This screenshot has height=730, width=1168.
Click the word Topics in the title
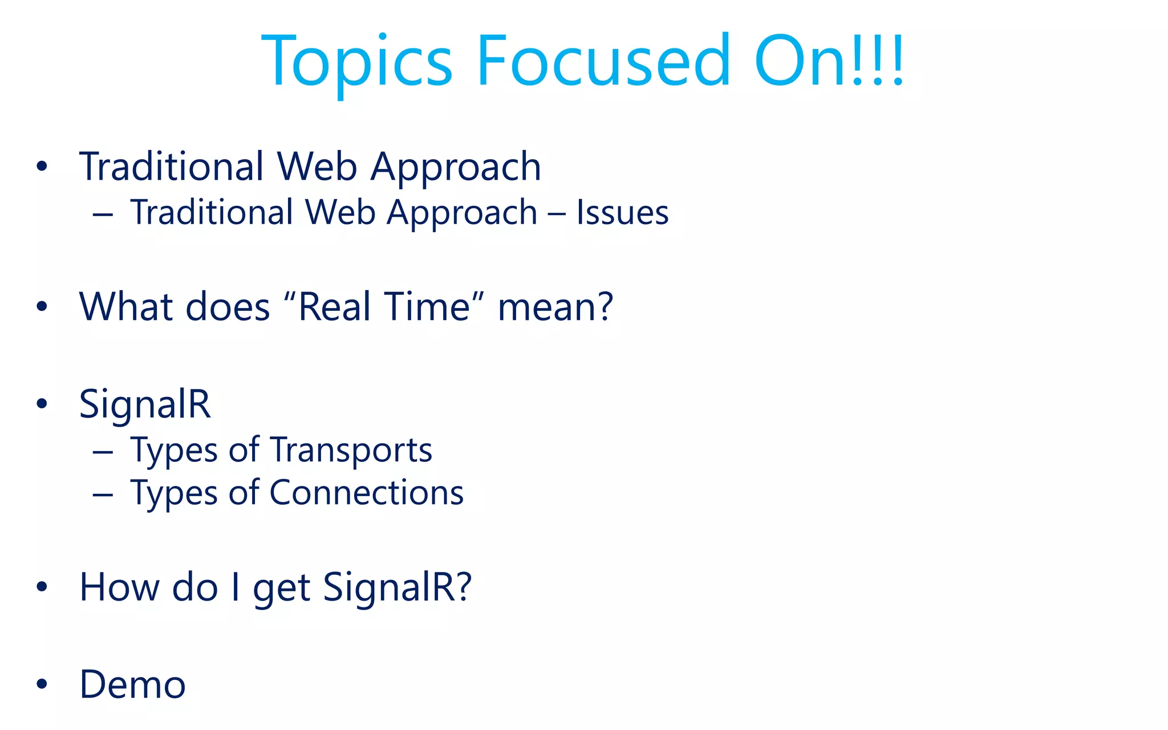click(x=356, y=62)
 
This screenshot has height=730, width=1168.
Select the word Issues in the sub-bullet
click(x=622, y=212)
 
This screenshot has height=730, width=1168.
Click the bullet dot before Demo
click(x=42, y=684)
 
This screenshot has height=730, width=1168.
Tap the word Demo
click(x=132, y=684)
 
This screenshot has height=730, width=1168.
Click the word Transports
click(x=351, y=450)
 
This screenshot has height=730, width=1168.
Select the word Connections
click(x=366, y=493)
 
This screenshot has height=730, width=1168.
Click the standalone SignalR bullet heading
click(x=145, y=404)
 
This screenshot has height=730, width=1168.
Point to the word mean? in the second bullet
click(x=555, y=307)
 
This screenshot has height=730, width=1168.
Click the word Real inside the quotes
click(x=330, y=307)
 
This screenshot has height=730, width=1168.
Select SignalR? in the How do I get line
click(x=398, y=587)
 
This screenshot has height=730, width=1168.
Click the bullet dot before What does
click(x=42, y=307)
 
